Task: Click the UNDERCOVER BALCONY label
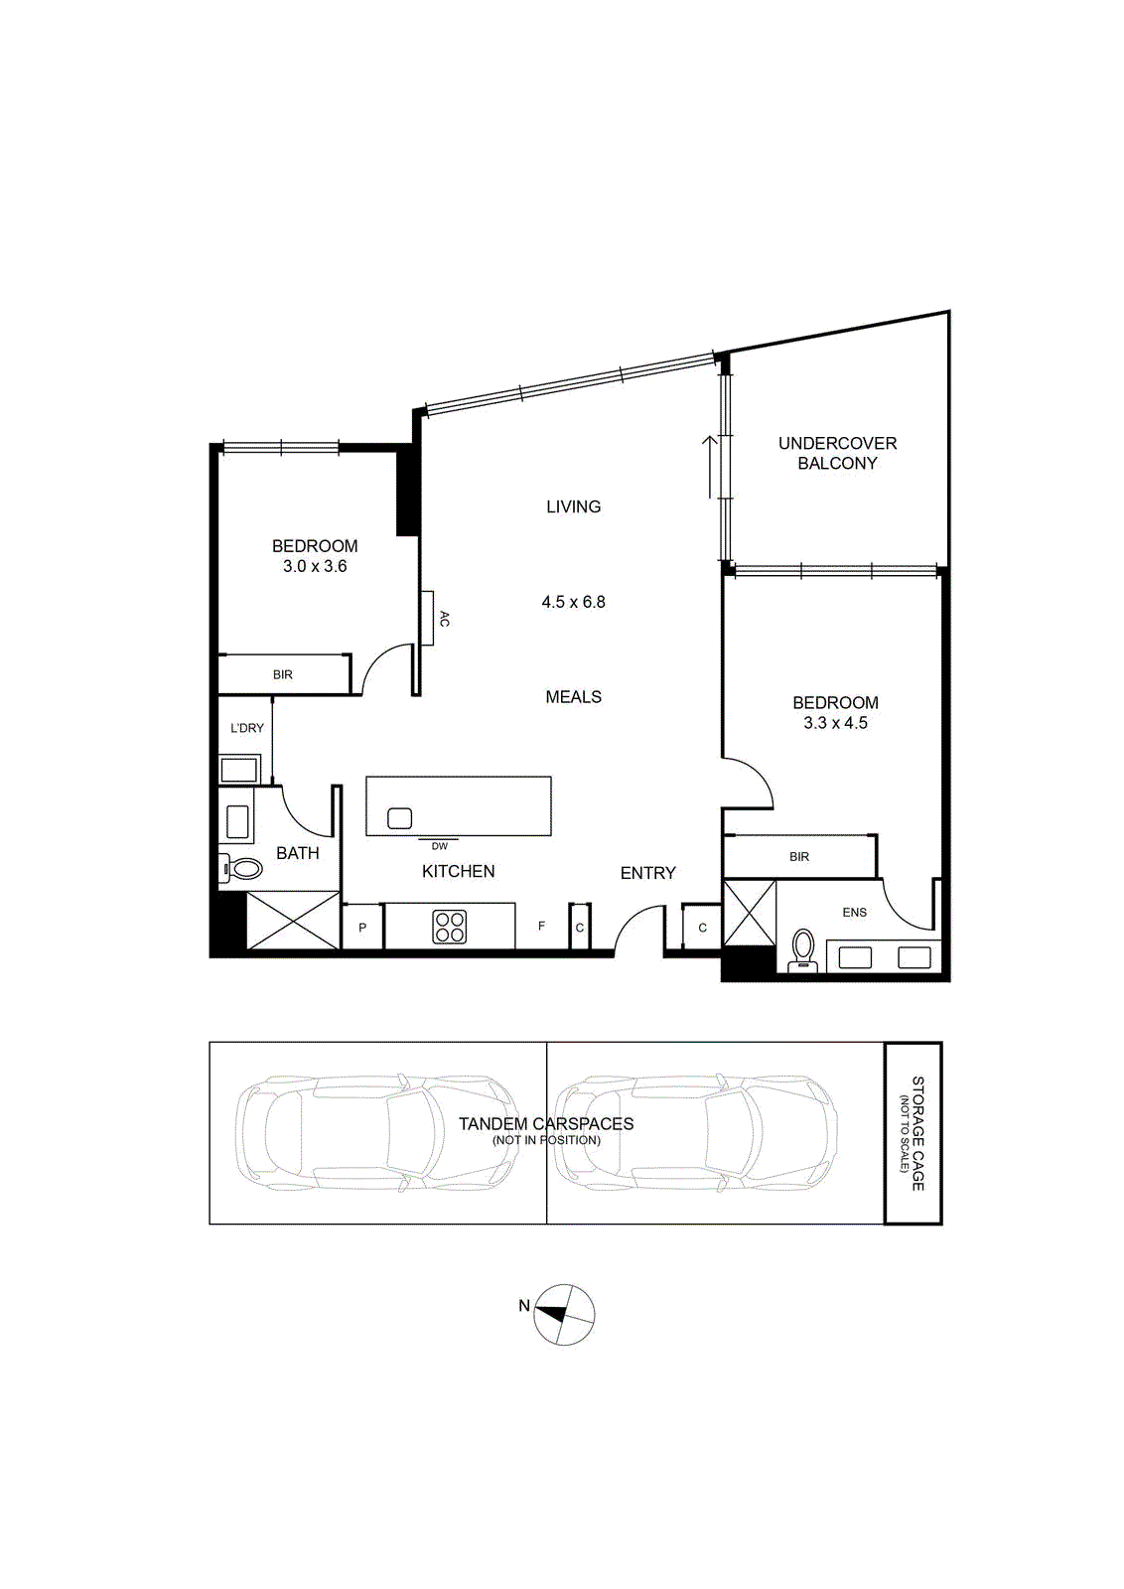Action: pos(837,453)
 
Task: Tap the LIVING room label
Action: pos(573,506)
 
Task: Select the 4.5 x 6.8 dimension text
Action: pos(573,602)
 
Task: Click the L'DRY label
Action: pos(247,728)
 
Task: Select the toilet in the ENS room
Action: pos(803,950)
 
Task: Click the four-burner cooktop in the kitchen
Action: pos(450,927)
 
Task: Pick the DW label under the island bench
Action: pos(439,846)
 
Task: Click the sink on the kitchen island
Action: pos(399,818)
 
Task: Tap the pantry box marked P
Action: pos(362,927)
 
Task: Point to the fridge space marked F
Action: pos(542,926)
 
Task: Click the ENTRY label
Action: pos(647,873)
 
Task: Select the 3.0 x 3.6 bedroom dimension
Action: pos(315,566)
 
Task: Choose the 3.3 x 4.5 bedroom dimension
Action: pos(835,723)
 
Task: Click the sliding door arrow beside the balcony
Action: pos(710,467)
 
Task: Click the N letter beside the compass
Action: pos(524,1305)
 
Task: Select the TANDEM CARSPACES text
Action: pos(546,1124)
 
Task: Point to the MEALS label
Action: pos(573,697)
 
